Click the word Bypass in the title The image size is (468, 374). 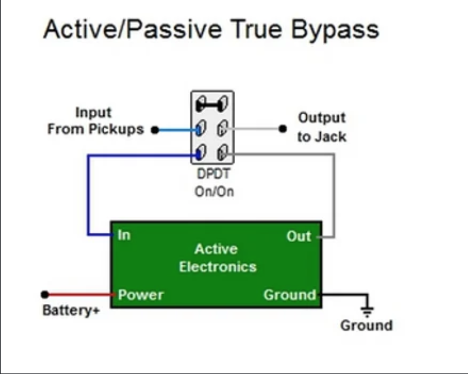tap(335, 30)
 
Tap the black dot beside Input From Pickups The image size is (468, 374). tap(155, 130)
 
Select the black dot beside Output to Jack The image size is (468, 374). tap(283, 129)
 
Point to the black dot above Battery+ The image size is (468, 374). tap(45, 295)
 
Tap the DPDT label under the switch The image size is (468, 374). tap(214, 174)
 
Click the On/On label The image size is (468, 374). tap(214, 191)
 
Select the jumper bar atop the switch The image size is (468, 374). tap(212, 104)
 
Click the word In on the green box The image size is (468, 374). tap(124, 235)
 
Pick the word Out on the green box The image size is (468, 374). tap(299, 236)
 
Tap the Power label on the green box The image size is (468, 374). tap(141, 295)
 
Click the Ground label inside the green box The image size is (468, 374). tap(290, 295)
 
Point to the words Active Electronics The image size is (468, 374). tap(217, 258)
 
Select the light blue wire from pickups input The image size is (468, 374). tap(178, 130)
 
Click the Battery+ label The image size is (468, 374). tap(71, 310)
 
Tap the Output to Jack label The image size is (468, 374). tap(322, 127)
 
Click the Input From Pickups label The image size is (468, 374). tap(95, 121)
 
